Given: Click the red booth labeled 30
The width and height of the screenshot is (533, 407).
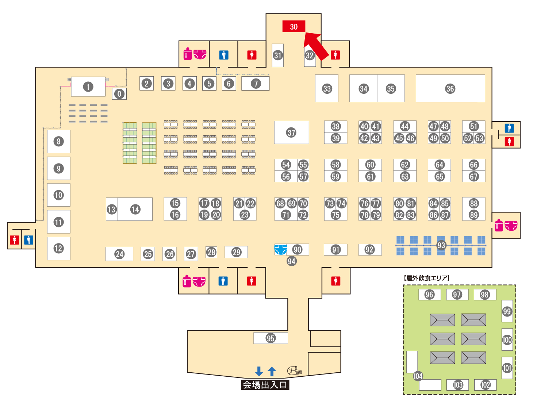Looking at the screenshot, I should point(294,27).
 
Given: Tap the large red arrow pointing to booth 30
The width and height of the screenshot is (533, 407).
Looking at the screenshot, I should point(315,46).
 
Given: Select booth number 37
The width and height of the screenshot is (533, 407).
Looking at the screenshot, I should point(291,133).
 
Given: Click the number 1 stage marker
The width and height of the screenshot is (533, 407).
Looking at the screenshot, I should point(88,87).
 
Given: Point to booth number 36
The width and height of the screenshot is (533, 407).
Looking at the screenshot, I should point(450,88).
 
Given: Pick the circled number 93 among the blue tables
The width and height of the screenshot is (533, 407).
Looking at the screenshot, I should point(441,245).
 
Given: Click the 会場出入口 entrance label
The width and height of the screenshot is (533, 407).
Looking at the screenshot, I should point(265,385).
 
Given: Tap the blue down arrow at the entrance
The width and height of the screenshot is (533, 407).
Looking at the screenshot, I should point(259,371).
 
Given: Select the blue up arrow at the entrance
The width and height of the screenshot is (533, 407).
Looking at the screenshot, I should point(272,371).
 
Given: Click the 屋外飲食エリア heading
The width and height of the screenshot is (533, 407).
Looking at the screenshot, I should point(427,278).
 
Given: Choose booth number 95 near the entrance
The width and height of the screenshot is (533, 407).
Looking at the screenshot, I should point(271,338).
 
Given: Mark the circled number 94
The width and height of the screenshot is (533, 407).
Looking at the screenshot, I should point(291,261).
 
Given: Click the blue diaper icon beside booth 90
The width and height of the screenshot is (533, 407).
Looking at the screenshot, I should point(280,250).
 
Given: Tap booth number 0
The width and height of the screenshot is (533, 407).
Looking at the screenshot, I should point(119,94).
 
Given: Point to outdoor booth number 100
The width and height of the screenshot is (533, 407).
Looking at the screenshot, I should point(507,340).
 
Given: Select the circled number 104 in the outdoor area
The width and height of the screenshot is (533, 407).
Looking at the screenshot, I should point(418,376).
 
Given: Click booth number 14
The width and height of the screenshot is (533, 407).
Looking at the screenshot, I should point(135,209).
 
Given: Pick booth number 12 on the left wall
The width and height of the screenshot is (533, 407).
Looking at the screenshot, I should point(58,249).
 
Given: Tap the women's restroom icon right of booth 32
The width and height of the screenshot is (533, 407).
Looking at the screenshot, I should point(335,55).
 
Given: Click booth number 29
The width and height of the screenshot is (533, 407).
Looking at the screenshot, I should point(236,252).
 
